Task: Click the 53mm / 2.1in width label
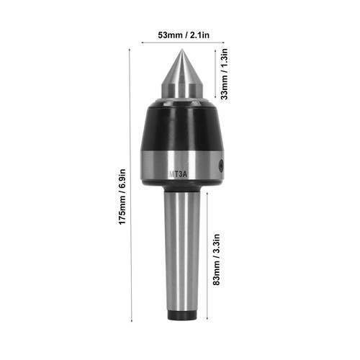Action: coord(184,35)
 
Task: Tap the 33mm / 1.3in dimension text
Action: coord(224,74)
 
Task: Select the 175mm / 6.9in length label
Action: coord(122,197)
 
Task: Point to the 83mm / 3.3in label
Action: coord(216,259)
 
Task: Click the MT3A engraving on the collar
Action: coord(178,174)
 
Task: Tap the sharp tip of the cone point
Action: coord(182,49)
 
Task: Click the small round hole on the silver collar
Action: coord(220,166)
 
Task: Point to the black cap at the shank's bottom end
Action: coord(182,315)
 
